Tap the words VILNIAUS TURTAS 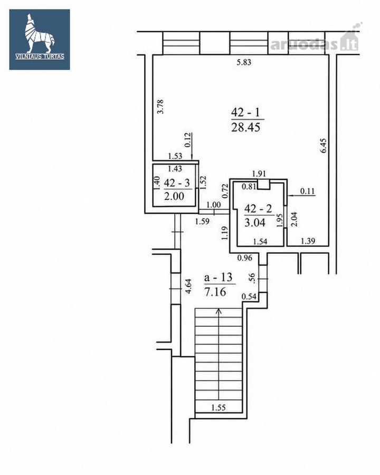(x=40, y=56)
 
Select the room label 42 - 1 (x=245, y=112)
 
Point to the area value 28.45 (x=246, y=127)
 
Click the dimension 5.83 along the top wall (x=244, y=63)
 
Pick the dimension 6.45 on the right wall (x=324, y=146)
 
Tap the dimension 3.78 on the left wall (x=160, y=106)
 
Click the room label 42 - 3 (x=177, y=183)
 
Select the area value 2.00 (x=174, y=196)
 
